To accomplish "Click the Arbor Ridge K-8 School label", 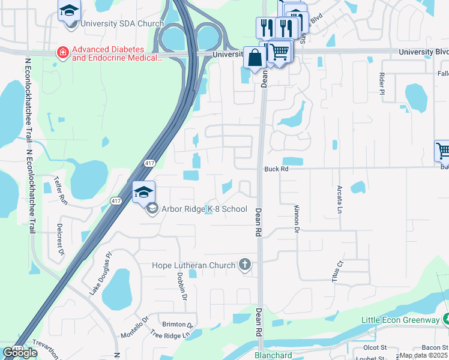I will click(204, 209).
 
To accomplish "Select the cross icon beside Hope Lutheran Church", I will click(245, 264).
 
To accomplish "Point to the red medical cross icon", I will click(62, 53).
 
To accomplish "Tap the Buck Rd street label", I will click(277, 169).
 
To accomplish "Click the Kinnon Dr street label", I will click(297, 218).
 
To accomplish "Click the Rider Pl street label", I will click(382, 83).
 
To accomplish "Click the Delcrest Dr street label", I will click(61, 240).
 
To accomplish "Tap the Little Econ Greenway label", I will click(400, 320).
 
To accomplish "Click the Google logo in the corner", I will click(20, 353).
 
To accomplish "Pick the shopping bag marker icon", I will click(254, 58).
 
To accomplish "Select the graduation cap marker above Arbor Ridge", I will click(143, 192).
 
